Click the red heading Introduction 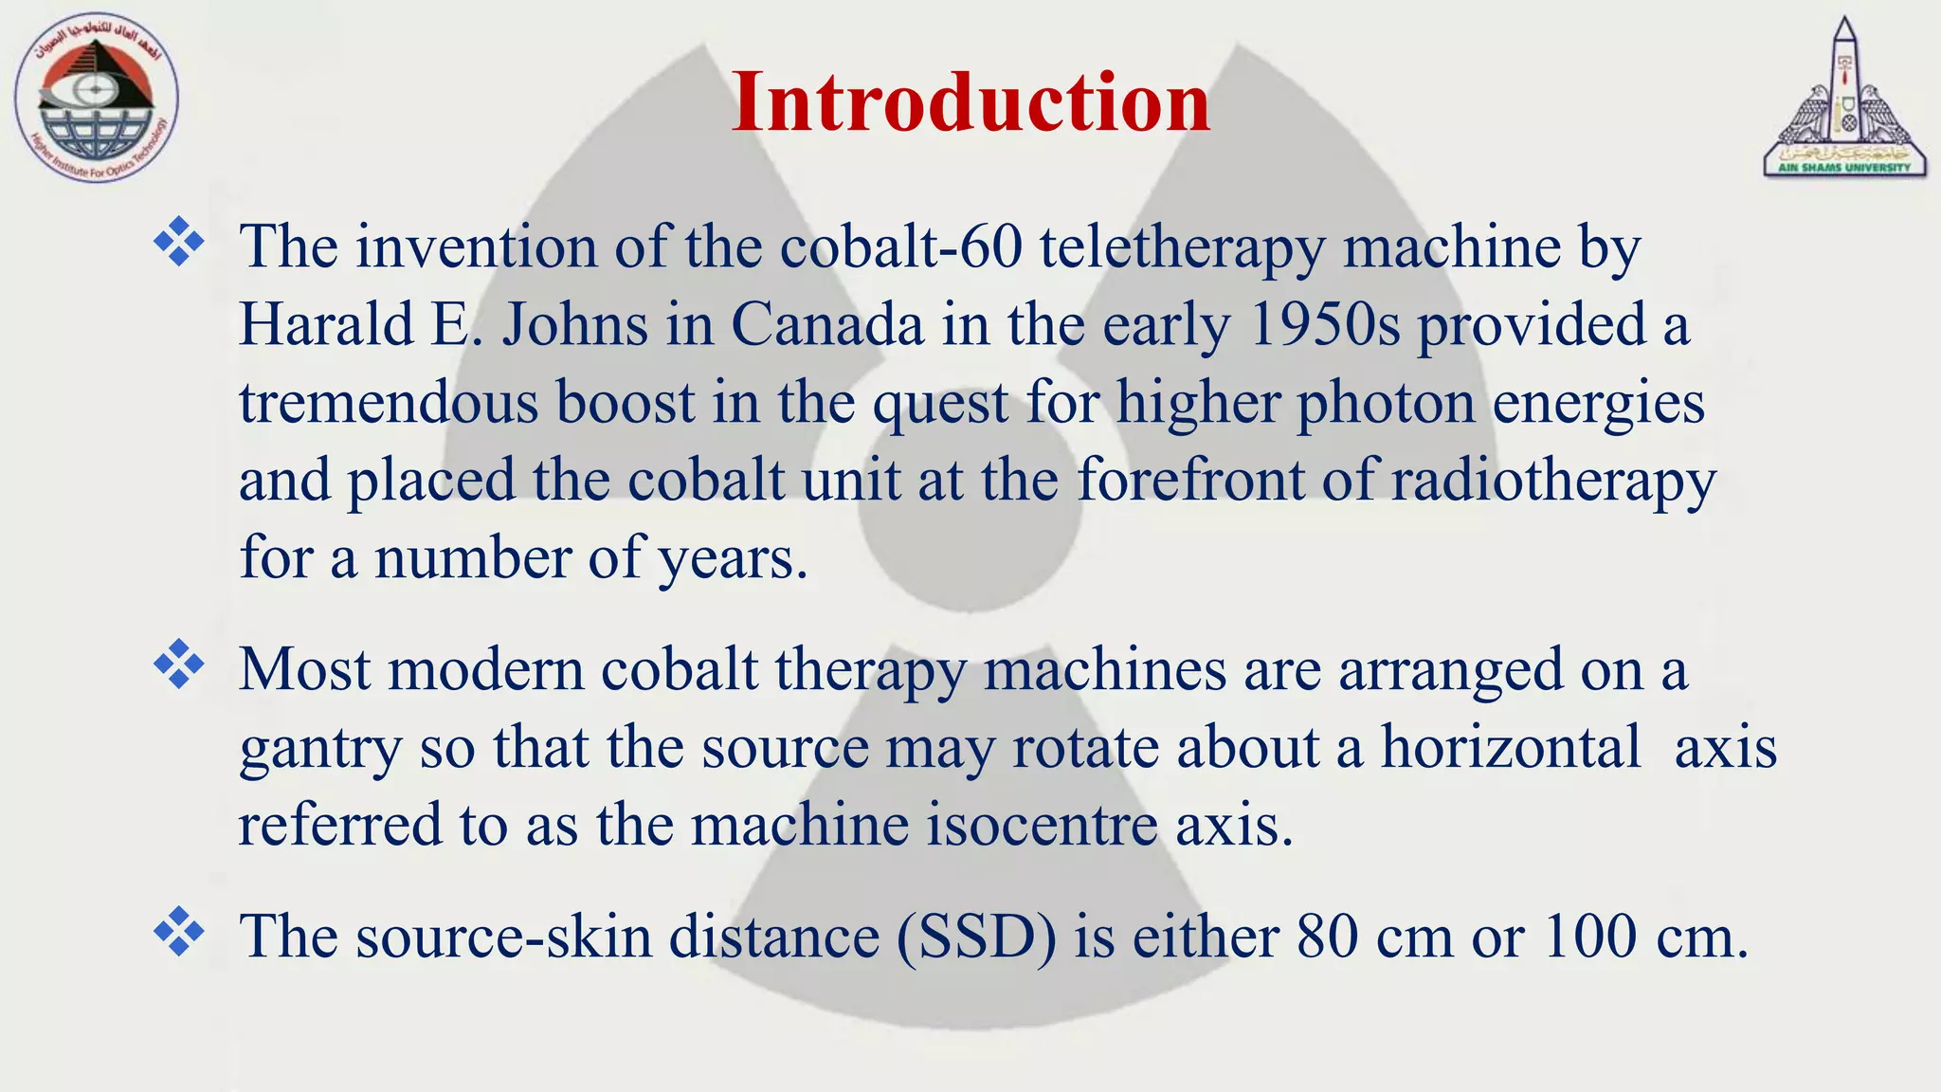[x=970, y=102]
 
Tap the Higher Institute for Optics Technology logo [x=96, y=99]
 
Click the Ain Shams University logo [x=1843, y=99]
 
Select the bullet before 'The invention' [x=178, y=242]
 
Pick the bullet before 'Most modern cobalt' [x=178, y=664]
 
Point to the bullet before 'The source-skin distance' [x=178, y=931]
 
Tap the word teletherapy [x=1182, y=248]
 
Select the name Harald [x=326, y=324]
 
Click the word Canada [x=826, y=324]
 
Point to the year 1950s [x=1324, y=324]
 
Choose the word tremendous [x=388, y=402]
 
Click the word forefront [x=1190, y=480]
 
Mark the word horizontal [x=1511, y=747]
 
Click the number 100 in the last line [x=1589, y=937]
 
